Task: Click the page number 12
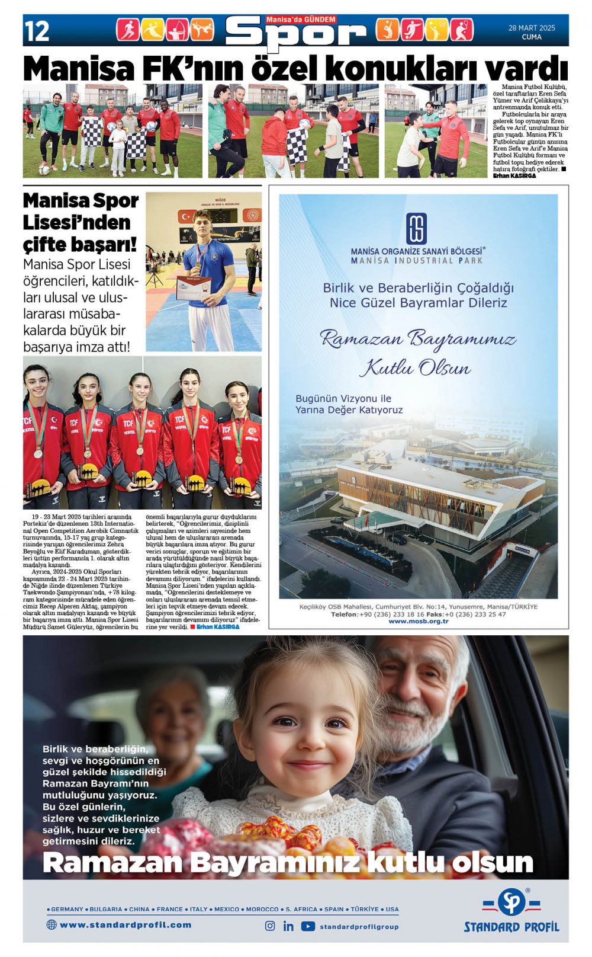tap(37, 31)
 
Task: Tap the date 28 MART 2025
tap(531, 28)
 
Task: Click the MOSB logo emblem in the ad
tap(417, 229)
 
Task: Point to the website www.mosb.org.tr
tap(418, 621)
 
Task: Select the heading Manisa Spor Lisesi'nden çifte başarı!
tap(81, 222)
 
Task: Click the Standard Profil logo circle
tap(511, 902)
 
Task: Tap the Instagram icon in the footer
tap(270, 926)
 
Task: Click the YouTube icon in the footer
tap(308, 926)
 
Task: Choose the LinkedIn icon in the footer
tap(288, 926)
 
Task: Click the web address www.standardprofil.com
tap(125, 924)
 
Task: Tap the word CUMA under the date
tap(531, 37)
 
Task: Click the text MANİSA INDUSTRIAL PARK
tap(417, 260)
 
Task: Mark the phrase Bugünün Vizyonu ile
tap(343, 398)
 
